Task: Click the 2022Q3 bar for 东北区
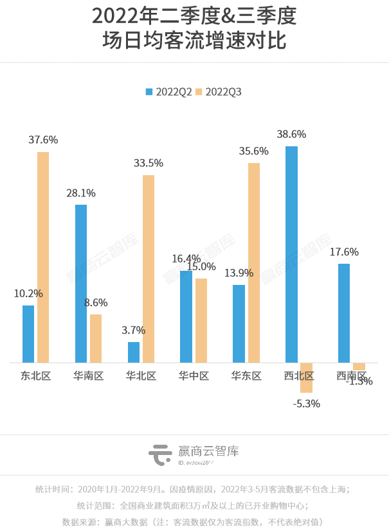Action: [43, 257]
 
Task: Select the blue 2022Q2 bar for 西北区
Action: [291, 254]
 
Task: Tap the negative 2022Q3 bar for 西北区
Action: [306, 377]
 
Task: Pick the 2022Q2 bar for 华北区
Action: [134, 352]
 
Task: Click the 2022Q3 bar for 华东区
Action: [254, 262]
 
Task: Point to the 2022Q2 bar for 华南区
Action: [81, 284]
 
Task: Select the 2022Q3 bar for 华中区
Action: [201, 320]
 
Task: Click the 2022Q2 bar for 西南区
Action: [344, 313]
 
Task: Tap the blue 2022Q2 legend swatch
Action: [150, 92]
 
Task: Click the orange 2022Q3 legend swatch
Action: [199, 92]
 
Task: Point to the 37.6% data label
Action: [43, 139]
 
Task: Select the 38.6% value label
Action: [291, 134]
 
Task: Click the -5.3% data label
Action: [306, 404]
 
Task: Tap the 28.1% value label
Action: [81, 193]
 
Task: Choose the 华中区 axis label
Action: [194, 376]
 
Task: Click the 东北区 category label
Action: [35, 376]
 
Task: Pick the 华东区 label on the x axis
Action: [246, 376]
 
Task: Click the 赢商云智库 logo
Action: [194, 454]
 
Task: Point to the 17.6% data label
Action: [344, 252]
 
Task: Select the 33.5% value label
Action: [149, 163]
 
